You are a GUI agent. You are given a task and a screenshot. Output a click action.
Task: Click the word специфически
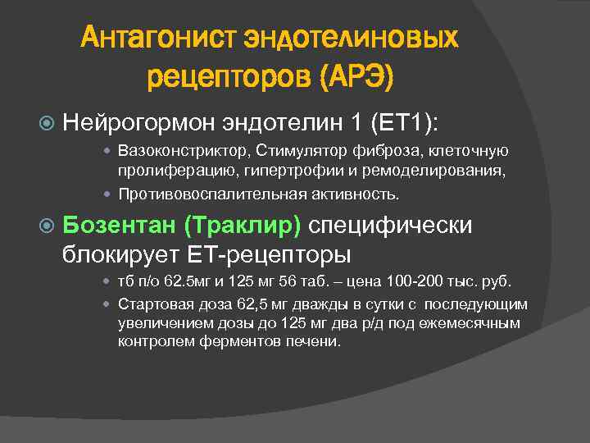(x=390, y=226)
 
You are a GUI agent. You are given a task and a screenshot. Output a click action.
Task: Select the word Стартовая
(x=152, y=304)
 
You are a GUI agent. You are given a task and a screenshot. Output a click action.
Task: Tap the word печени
(x=316, y=342)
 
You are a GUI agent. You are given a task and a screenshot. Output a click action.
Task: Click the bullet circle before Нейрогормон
(x=48, y=123)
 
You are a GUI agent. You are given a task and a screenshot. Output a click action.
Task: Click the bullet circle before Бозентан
(x=48, y=226)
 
